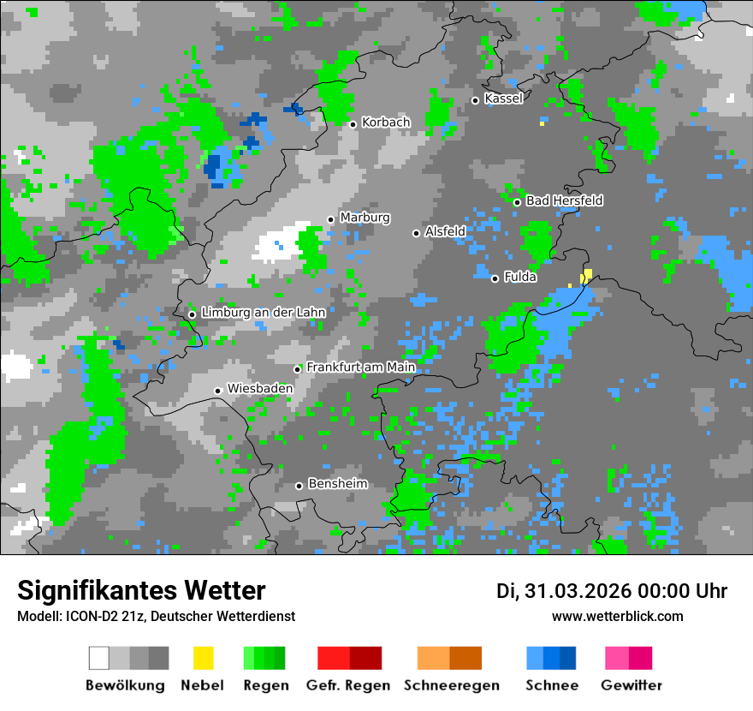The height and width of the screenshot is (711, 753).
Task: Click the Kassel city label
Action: pyautogui.click(x=503, y=99)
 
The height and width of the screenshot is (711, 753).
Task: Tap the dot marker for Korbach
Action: pyautogui.click(x=353, y=124)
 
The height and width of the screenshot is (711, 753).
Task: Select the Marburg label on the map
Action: pyautogui.click(x=365, y=218)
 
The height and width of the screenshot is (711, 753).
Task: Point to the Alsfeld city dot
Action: pyautogui.click(x=416, y=233)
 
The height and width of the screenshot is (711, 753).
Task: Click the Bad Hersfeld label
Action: pyautogui.click(x=564, y=200)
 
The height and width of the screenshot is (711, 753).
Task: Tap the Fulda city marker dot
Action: pyautogui.click(x=495, y=278)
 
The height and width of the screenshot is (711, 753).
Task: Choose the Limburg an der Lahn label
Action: pyautogui.click(x=263, y=313)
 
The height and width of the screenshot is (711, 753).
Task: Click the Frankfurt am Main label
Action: pyautogui.click(x=361, y=367)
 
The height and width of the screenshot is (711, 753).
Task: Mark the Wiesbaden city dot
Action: pyautogui.click(x=218, y=391)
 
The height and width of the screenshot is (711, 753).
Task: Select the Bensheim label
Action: pyautogui.click(x=337, y=484)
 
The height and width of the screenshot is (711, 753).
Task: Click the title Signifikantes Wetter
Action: pyautogui.click(x=141, y=590)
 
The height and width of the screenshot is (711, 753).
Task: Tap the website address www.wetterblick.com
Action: pyautogui.click(x=617, y=616)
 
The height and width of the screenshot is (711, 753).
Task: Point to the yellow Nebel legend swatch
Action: pyautogui.click(x=203, y=658)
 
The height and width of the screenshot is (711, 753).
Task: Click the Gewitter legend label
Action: pyautogui.click(x=631, y=685)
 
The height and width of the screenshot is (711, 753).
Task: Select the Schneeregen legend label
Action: pyautogui.click(x=451, y=685)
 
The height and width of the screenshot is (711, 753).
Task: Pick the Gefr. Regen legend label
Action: pyautogui.click(x=347, y=685)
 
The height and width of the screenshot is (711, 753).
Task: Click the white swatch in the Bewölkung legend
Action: pyautogui.click(x=99, y=658)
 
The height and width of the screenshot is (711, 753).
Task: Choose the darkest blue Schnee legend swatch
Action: pyautogui.click(x=568, y=658)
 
